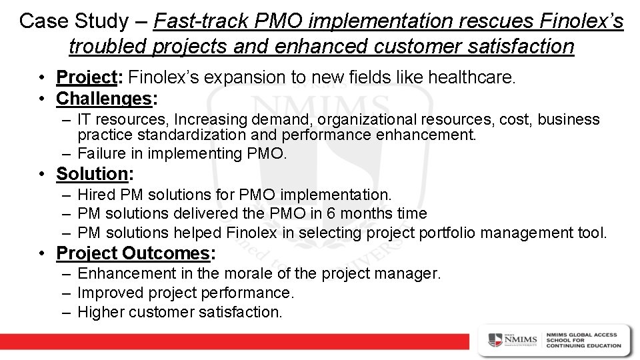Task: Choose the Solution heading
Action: [x=92, y=174]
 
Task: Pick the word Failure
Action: [x=102, y=153]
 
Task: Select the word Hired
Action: [x=97, y=195]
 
